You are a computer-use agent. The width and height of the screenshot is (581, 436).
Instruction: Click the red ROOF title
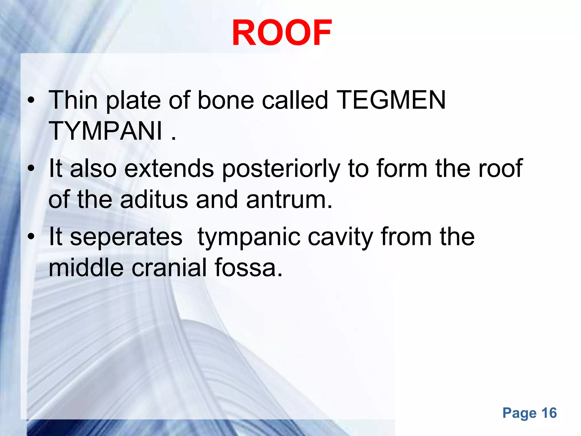click(x=281, y=33)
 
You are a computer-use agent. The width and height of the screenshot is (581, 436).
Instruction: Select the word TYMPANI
click(x=105, y=131)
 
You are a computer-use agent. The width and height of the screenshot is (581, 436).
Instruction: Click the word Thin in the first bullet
click(x=73, y=100)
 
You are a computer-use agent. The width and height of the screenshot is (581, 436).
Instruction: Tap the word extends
click(x=169, y=169)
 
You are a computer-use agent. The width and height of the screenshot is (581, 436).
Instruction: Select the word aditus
click(x=154, y=200)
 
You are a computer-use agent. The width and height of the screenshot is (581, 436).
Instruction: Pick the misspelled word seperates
click(x=126, y=237)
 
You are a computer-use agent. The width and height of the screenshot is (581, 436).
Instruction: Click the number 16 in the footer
click(x=549, y=413)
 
